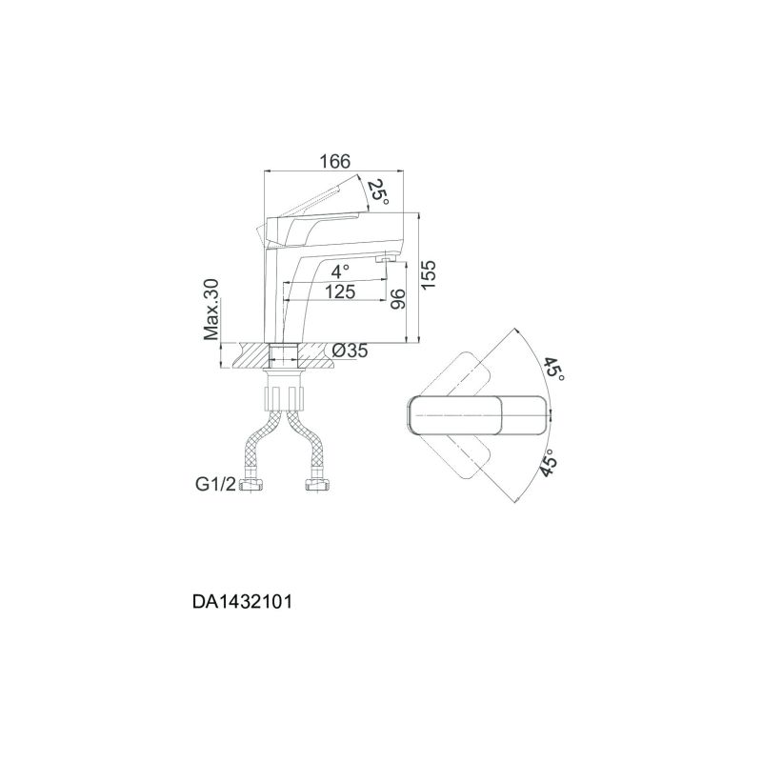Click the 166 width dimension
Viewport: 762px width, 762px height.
(x=334, y=161)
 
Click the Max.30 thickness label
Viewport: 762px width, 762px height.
(x=211, y=310)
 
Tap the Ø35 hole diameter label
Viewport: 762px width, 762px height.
(x=350, y=351)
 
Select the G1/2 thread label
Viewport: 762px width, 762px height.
(x=215, y=485)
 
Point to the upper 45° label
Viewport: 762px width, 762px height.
(x=554, y=370)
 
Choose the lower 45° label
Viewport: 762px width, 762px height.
(x=550, y=463)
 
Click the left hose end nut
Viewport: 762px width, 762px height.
(x=253, y=486)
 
